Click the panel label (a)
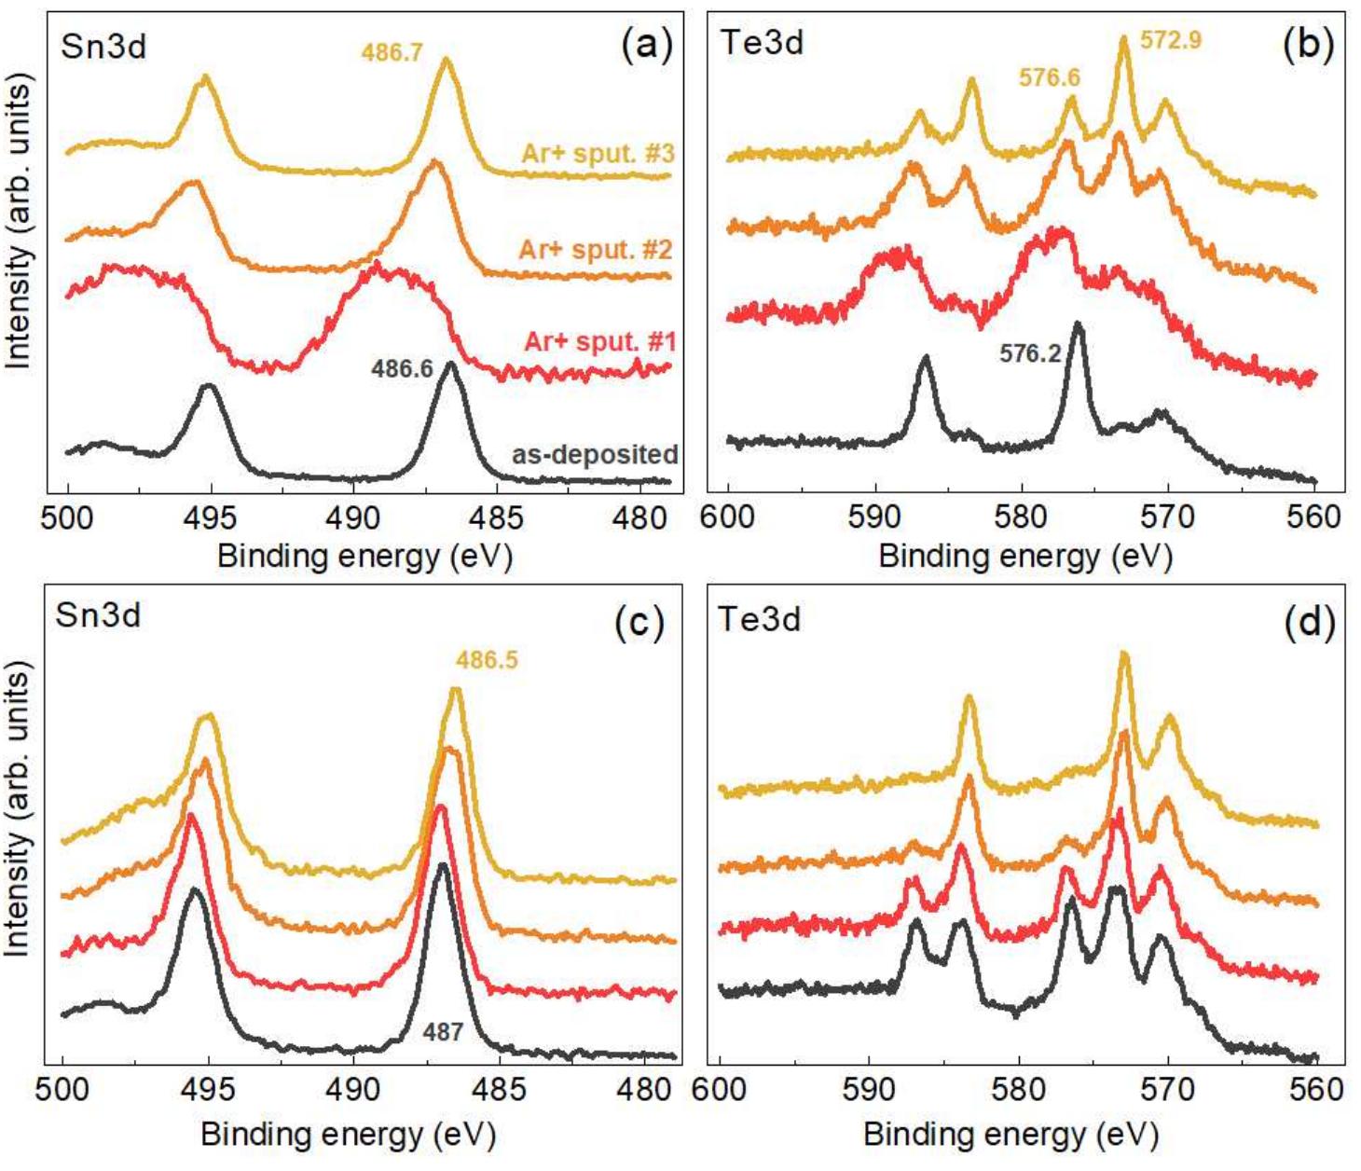point(646,45)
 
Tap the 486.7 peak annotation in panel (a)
point(392,52)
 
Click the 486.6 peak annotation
point(402,369)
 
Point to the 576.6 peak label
point(1049,77)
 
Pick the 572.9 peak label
point(1171,40)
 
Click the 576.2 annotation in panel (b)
point(1030,354)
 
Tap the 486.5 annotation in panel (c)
point(486,660)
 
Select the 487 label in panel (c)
point(442,1032)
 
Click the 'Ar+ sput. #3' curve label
point(597,153)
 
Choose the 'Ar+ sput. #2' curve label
point(595,250)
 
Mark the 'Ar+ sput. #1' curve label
point(599,341)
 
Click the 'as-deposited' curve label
point(594,454)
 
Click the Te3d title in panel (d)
point(759,619)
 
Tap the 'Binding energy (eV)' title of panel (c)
point(348,1135)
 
